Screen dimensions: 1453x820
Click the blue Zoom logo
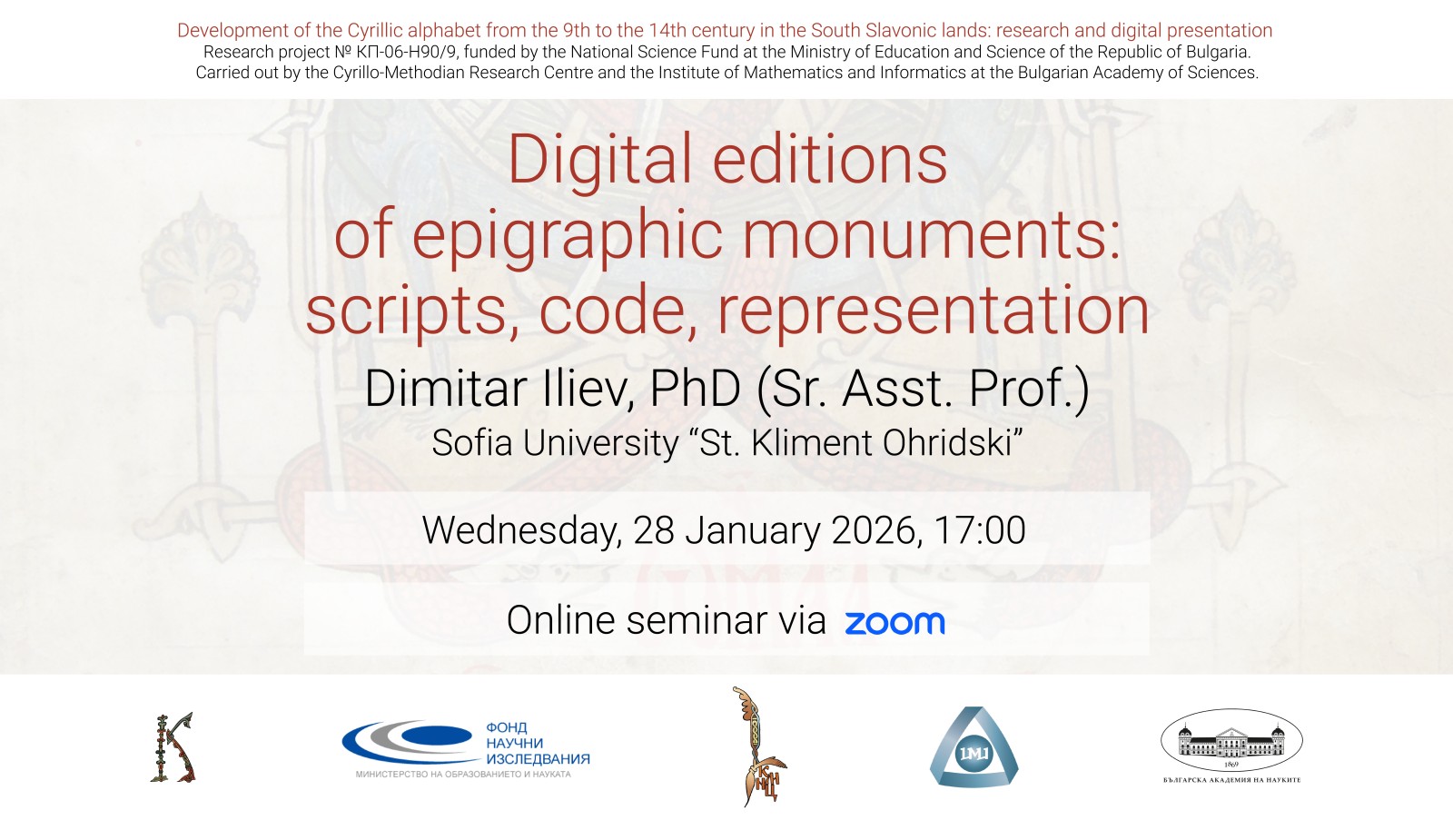coord(895,622)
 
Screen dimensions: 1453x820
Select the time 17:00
coord(980,530)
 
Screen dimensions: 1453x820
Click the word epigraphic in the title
coord(568,237)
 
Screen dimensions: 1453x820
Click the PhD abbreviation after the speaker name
coord(696,388)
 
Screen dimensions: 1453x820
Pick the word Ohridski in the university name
coord(953,443)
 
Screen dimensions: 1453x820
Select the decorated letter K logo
coord(173,746)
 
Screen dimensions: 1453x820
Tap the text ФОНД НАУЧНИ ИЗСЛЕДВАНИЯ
coord(538,744)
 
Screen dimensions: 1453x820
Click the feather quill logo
coord(759,746)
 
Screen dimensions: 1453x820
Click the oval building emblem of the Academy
coord(1231,740)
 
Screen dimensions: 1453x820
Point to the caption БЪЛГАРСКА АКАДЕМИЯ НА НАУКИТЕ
coord(1231,780)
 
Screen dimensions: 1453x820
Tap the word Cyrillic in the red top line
coord(382,31)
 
